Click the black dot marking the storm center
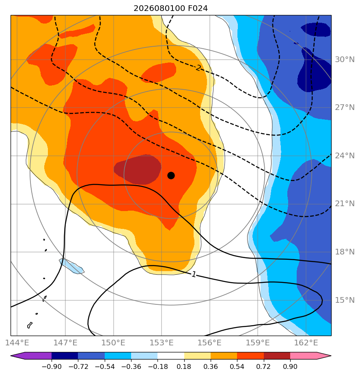[171, 176]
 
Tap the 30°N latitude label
[345, 60]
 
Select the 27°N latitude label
[345, 108]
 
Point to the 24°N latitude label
[345, 156]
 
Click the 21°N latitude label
[345, 204]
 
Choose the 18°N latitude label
[345, 252]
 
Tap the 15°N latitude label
[345, 300]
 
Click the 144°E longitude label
[17, 343]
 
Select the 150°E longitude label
[113, 343]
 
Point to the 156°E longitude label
[209, 343]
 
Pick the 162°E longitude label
[306, 343]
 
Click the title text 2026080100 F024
[170, 9]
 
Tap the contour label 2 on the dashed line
[198, 68]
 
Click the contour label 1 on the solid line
[194, 274]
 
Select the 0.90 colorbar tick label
[290, 366]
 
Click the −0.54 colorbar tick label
[105, 366]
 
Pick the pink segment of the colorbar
[303, 356]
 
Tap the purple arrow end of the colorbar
[18, 356]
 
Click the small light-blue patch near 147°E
[71, 266]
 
